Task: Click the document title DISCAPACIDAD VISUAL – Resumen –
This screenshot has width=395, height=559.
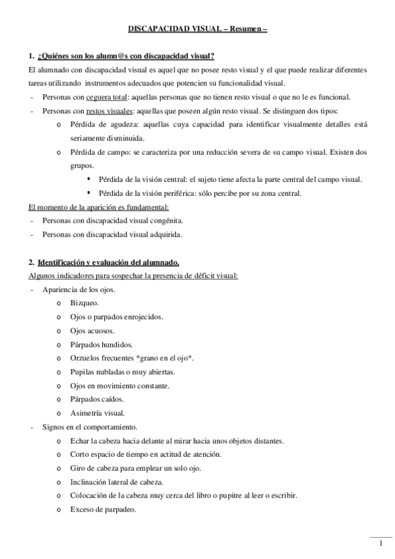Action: (197, 29)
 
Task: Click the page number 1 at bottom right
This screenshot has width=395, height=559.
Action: (381, 543)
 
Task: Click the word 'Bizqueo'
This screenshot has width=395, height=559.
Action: (84, 303)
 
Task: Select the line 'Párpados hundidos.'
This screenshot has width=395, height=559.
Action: (100, 344)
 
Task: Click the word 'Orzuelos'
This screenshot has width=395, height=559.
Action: (86, 358)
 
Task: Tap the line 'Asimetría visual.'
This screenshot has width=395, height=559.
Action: (97, 413)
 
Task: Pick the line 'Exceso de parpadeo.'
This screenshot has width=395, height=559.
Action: (103, 510)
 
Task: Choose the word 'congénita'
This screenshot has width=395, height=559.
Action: (167, 221)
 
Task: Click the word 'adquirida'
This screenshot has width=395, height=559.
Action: (167, 234)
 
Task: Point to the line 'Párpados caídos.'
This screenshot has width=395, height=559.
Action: (96, 399)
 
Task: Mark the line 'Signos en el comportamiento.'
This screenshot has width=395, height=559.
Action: (89, 427)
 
